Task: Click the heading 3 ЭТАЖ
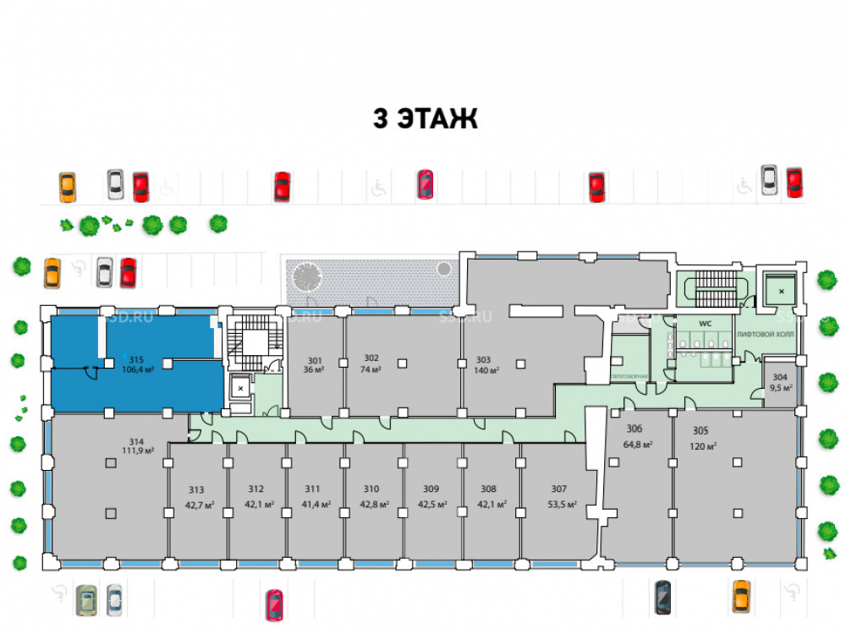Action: tap(426, 119)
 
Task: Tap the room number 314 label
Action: tap(137, 441)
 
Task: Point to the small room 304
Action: tap(780, 382)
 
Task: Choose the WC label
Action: tap(704, 324)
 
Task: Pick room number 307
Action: tap(558, 489)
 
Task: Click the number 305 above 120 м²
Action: tap(700, 429)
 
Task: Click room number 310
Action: tap(371, 489)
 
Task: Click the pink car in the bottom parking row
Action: tap(274, 605)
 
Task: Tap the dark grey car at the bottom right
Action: tap(663, 597)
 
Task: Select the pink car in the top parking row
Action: tap(426, 184)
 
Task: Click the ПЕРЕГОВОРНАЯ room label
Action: tap(629, 375)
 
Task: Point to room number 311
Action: tap(313, 489)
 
